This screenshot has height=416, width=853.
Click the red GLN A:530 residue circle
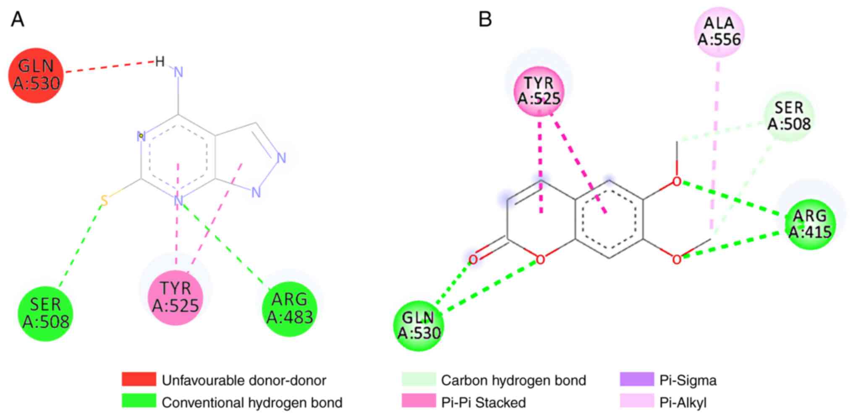(x=36, y=75)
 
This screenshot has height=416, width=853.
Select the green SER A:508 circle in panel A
(x=45, y=314)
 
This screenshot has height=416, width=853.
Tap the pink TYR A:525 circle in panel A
(x=175, y=298)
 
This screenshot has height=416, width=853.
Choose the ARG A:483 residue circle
(x=290, y=309)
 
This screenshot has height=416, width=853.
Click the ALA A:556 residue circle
(x=719, y=31)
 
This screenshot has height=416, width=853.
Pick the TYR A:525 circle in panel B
(x=539, y=91)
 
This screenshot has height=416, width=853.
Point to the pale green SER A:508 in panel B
(x=789, y=116)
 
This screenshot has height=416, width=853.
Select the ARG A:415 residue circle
(x=810, y=224)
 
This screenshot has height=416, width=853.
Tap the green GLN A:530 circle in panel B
(x=419, y=325)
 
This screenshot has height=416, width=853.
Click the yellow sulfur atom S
(x=104, y=201)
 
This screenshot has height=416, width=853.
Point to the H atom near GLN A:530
(x=160, y=62)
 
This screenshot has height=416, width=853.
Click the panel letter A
(x=17, y=19)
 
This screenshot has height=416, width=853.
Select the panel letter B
(x=485, y=19)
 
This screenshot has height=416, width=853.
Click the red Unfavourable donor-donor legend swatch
(x=139, y=379)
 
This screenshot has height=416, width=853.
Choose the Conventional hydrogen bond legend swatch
(x=139, y=401)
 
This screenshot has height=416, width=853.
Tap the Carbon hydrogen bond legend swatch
(x=419, y=379)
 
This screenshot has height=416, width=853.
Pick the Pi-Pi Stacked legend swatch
(x=419, y=401)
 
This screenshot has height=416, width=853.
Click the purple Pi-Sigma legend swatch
(x=636, y=379)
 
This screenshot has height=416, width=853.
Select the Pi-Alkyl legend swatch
(x=636, y=401)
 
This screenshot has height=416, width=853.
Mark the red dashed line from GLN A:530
(x=109, y=67)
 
